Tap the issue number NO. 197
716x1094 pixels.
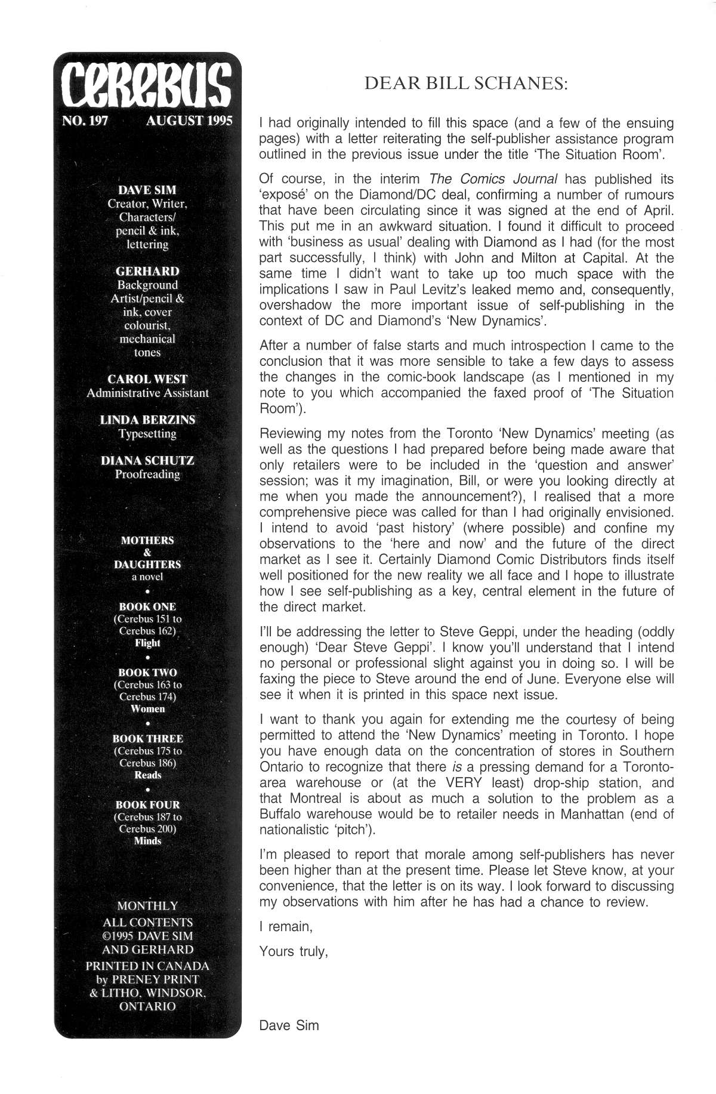[x=85, y=121]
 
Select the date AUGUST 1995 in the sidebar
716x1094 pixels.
[x=189, y=121]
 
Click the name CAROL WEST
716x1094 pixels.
[x=147, y=379]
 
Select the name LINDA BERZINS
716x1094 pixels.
[x=147, y=420]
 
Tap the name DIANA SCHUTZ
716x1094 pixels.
[x=147, y=461]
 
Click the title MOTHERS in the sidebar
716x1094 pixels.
[x=147, y=540]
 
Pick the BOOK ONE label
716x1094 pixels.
[x=147, y=606]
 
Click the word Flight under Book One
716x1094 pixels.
[x=147, y=643]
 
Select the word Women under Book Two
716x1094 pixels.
[x=147, y=709]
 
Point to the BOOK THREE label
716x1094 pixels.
[x=147, y=738]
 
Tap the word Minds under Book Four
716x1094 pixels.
[x=147, y=841]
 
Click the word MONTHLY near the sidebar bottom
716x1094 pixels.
[x=147, y=905]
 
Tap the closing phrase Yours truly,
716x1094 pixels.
[x=294, y=951]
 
